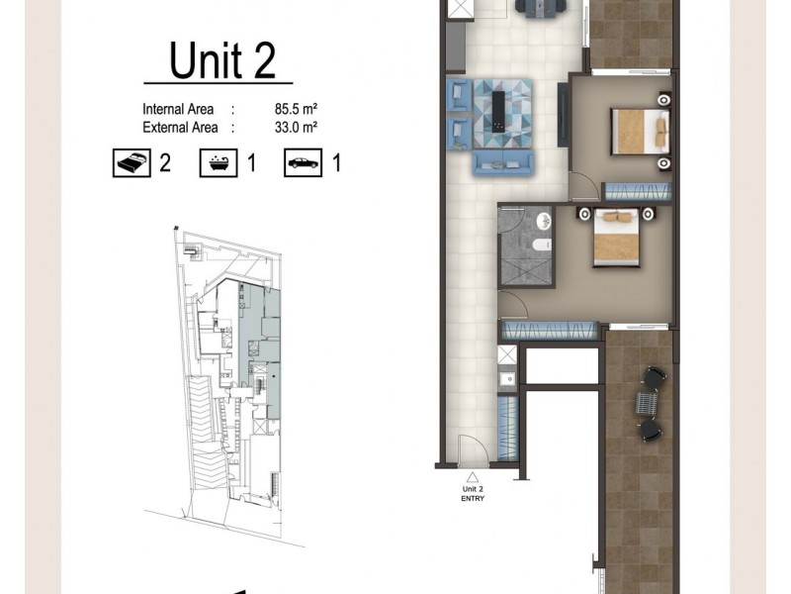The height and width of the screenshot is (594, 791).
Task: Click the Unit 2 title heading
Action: pyautogui.click(x=221, y=60)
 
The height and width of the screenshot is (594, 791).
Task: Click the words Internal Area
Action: pyautogui.click(x=179, y=110)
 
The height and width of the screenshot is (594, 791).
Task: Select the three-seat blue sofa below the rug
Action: pyautogui.click(x=503, y=161)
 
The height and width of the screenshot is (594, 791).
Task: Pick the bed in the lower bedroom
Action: pyautogui.click(x=622, y=241)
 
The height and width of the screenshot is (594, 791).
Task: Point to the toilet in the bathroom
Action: pyautogui.click(x=538, y=244)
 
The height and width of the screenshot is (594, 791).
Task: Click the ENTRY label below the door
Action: pyautogui.click(x=472, y=498)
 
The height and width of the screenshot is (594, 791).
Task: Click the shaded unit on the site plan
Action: pyautogui.click(x=268, y=351)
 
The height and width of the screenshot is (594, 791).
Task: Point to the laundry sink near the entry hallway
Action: pyautogui.click(x=508, y=377)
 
